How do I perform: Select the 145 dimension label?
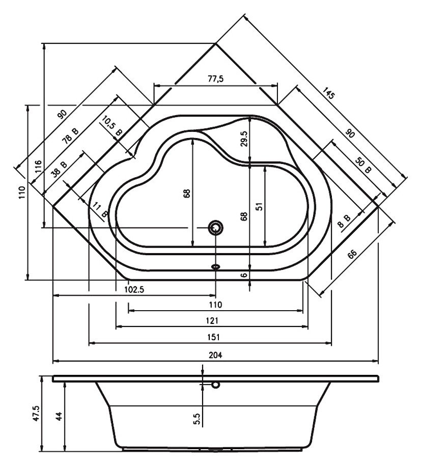pos(329,94)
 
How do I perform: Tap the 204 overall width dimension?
pos(216,355)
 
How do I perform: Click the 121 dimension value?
pos(212,320)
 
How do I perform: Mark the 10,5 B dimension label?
pos(112,126)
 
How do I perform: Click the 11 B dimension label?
pos(99,209)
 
